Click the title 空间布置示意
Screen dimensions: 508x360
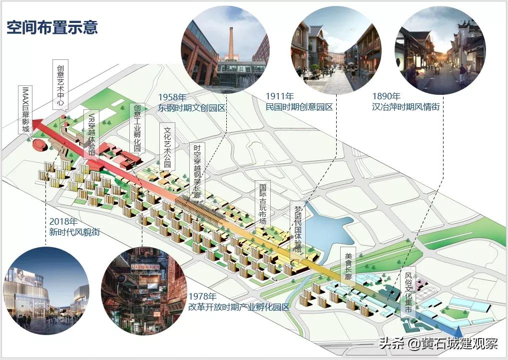(52, 27)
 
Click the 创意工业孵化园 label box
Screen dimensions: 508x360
(137, 128)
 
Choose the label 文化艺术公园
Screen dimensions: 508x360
(168, 147)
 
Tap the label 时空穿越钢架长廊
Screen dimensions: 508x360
(197, 172)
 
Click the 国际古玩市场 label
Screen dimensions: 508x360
(262, 204)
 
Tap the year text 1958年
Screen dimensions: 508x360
(173, 97)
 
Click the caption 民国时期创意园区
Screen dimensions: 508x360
(299, 106)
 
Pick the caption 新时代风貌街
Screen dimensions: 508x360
(74, 232)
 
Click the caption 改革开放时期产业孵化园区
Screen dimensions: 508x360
(239, 307)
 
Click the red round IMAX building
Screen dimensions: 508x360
(39, 145)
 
